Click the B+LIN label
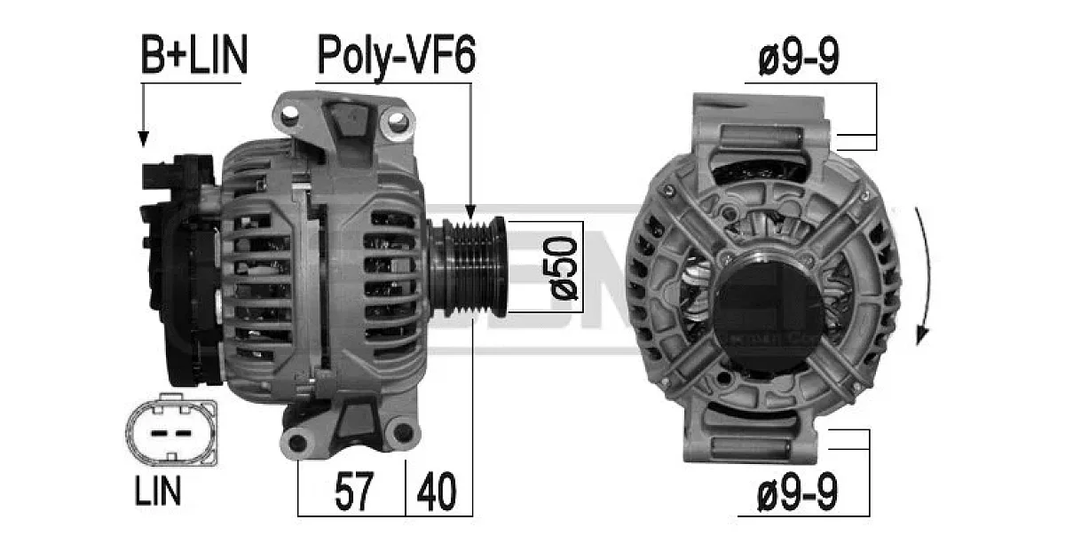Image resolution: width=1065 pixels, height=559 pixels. coord(194,54)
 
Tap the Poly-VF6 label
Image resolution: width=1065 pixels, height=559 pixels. coord(396,56)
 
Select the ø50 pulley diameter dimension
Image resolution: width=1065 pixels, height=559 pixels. coord(563,268)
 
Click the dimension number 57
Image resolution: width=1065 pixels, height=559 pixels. coord(354,491)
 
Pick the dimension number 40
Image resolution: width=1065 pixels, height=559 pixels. coord(437,491)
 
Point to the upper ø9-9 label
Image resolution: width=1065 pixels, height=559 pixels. coord(799,55)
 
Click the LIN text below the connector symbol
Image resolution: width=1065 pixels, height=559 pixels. coord(158,490)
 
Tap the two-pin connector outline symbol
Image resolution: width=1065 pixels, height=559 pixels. coord(172,429)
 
